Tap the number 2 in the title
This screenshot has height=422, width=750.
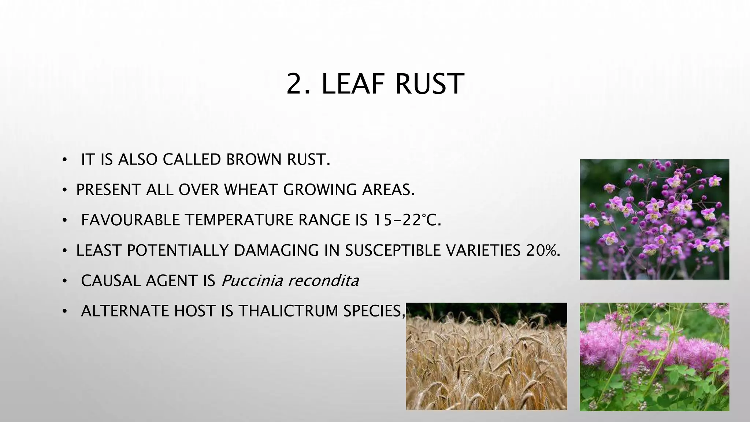296,84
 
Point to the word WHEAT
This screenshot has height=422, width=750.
252,190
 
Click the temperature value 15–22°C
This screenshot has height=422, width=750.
407,220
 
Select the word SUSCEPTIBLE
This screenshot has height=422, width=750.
394,251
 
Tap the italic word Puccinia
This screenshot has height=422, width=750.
252,281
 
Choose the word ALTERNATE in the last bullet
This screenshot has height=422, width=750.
125,311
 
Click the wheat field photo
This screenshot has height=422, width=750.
486,356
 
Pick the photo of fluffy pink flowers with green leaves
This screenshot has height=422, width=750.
654,356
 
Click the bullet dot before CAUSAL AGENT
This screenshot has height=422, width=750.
64,281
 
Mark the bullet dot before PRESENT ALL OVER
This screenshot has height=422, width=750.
64,190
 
